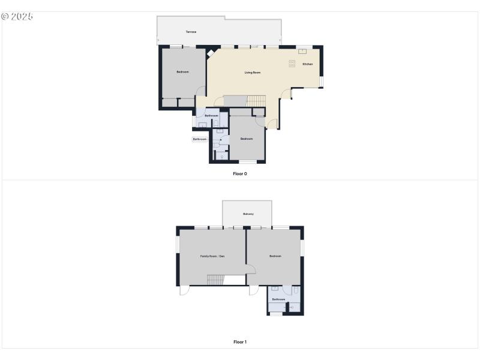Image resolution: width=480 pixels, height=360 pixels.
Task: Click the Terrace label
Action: coord(191,32)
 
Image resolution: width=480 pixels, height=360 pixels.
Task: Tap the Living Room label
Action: coord(253,73)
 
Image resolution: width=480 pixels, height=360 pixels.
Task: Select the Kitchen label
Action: coord(307,64)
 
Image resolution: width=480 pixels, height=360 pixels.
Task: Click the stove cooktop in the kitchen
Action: coord(293,62)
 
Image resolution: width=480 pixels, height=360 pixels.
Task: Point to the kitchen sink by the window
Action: coord(303,51)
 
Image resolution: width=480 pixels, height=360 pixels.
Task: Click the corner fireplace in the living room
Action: coord(211,53)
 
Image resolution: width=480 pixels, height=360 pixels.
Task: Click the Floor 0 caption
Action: coord(240,173)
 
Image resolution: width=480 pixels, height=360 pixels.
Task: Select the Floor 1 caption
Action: coord(240,342)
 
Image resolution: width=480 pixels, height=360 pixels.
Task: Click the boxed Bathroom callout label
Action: coord(199,139)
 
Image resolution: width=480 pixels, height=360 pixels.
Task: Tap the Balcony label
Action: coord(248,214)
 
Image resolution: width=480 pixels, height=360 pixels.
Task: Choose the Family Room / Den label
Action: coord(212,256)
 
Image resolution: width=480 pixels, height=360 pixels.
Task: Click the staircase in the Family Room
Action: coord(215,280)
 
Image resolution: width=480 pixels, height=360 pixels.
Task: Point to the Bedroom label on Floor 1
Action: coord(275,256)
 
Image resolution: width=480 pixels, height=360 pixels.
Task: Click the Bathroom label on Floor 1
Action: coord(278,299)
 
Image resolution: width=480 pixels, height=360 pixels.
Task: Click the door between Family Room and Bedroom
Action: coord(250,269)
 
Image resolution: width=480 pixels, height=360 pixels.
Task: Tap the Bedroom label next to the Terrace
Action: coord(182,72)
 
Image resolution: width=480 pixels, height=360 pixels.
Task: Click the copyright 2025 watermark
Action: coord(17,16)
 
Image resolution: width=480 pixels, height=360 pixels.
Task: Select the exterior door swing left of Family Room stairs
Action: coord(184,290)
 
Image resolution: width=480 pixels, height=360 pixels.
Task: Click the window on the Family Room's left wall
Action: coord(177,245)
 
